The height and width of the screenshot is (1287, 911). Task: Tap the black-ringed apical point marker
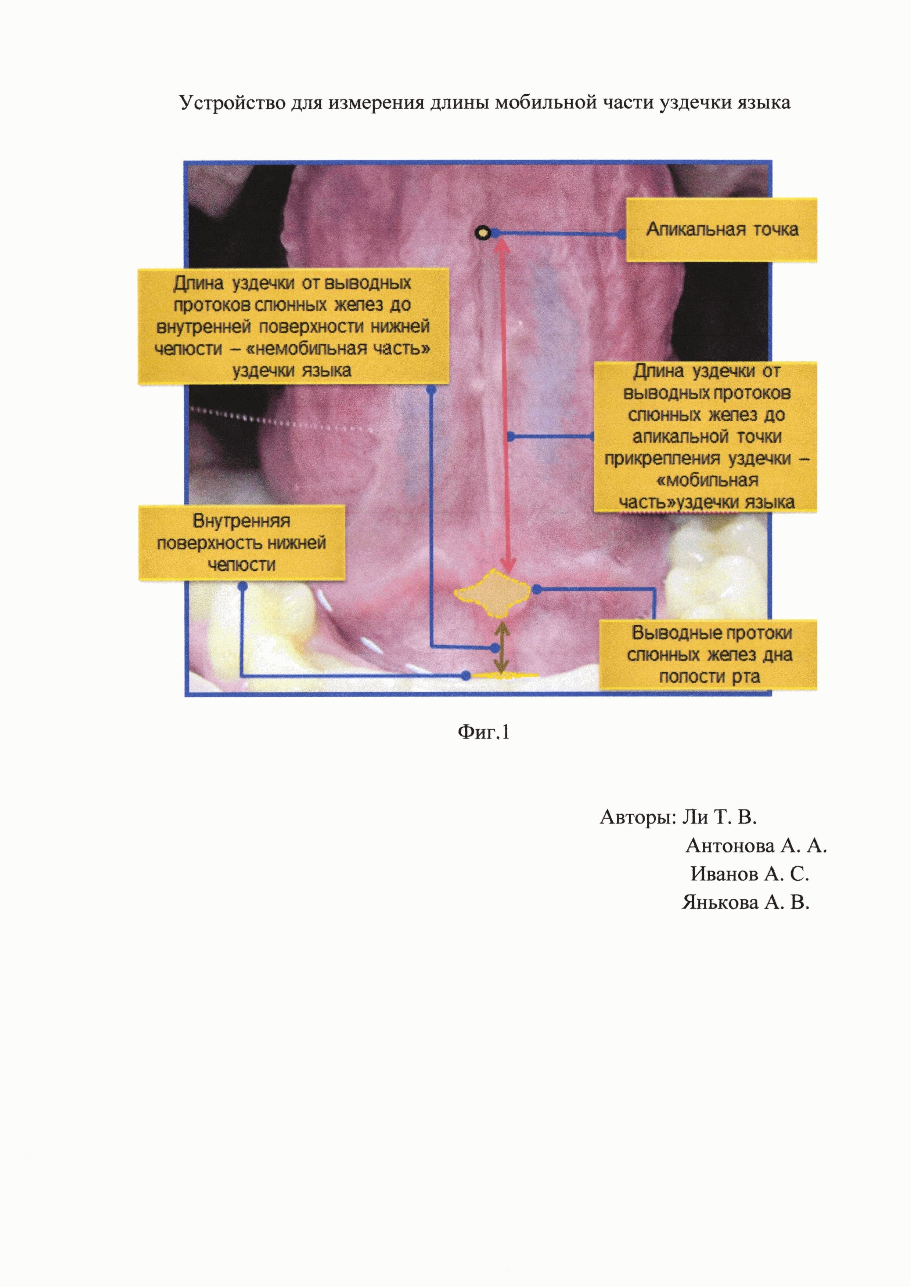pos(482,233)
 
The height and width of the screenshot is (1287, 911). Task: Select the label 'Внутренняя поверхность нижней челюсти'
pos(242,543)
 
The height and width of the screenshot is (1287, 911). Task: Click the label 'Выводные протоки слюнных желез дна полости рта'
pos(709,655)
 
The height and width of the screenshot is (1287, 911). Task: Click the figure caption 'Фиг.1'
pos(483,732)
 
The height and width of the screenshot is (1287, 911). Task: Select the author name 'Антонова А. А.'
pos(756,846)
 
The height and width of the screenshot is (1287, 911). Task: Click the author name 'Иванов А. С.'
pos(749,874)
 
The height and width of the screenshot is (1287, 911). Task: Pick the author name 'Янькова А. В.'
pos(746,902)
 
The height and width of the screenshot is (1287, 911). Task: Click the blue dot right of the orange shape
pos(537,589)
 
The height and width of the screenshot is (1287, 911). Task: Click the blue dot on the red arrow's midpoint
pos(511,436)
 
